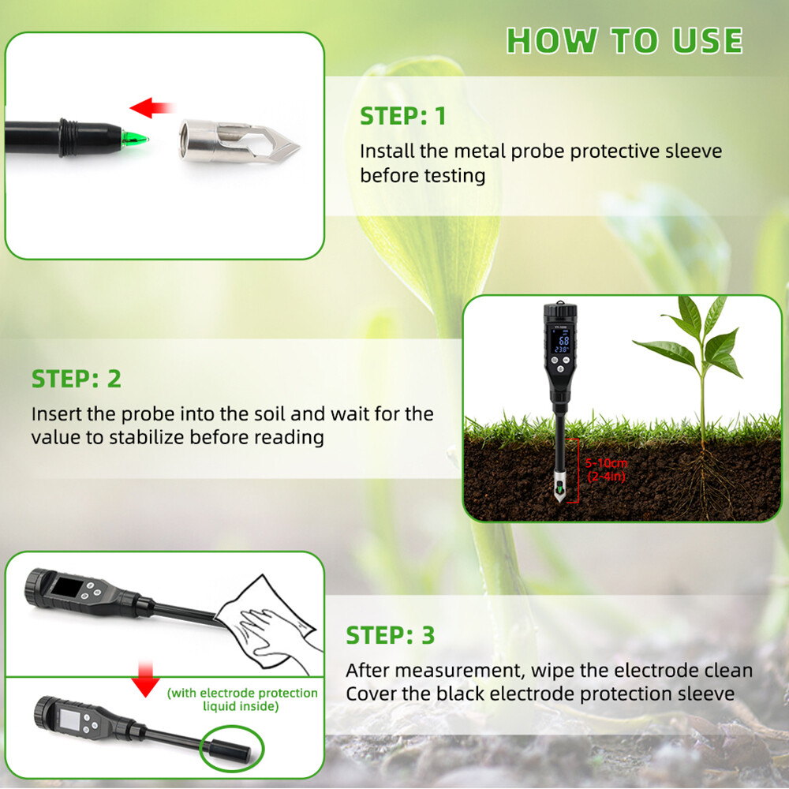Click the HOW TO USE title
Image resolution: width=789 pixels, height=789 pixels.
coord(624,41)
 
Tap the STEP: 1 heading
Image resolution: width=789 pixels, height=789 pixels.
coord(402,116)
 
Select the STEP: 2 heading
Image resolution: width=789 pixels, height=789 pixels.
coord(77,379)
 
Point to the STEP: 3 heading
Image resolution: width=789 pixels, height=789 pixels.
coord(391,635)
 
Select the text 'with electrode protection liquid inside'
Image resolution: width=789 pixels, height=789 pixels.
coord(242,699)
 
